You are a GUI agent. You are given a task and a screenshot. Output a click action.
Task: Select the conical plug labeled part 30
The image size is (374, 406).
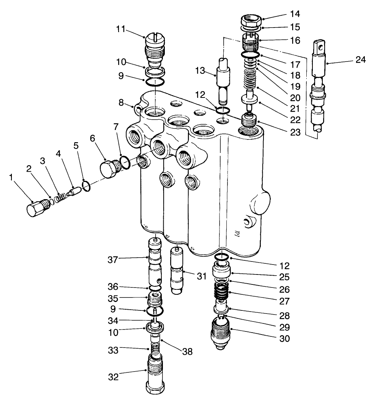(220, 332)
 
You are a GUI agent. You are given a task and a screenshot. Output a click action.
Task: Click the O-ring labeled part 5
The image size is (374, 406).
(86, 186)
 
